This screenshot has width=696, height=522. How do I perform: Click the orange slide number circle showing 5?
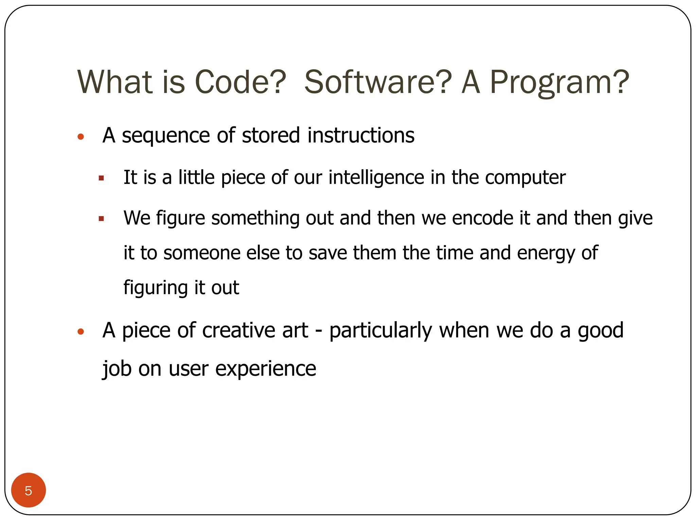pyautogui.click(x=29, y=490)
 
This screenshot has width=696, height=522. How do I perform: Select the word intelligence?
pyautogui.click(x=376, y=178)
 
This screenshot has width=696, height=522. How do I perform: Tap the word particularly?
pyautogui.click(x=381, y=331)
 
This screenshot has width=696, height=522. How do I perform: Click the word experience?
pyautogui.click(x=265, y=369)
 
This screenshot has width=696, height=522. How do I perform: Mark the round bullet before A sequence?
pyautogui.click(x=81, y=137)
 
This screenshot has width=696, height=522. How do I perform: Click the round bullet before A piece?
pyautogui.click(x=81, y=332)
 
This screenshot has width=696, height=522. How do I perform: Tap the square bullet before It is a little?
pyautogui.click(x=101, y=178)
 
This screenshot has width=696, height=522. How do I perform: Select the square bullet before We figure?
pyautogui.click(x=101, y=219)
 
